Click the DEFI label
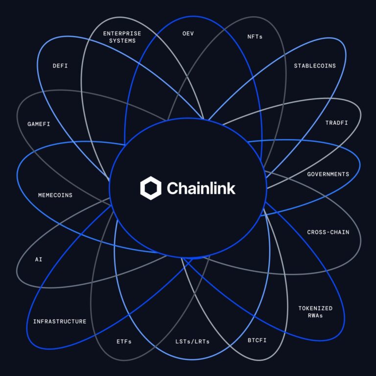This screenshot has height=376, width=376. click(60, 66)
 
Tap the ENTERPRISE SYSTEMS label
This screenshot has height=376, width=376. click(122, 37)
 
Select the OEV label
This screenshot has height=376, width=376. click(188, 34)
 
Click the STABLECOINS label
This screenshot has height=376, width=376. click(315, 66)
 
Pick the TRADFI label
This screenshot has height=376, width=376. click(337, 123)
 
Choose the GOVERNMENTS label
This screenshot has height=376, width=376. click(328, 174)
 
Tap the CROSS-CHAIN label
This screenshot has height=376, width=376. click(328, 232)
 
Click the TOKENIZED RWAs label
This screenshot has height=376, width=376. click(315, 312)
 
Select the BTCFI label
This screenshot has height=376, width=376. click(257, 340)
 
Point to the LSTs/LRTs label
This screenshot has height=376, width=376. click(192, 341)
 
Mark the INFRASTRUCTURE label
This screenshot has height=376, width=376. click(60, 322)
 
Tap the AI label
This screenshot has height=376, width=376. click(39, 259)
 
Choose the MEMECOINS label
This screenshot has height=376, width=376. click(55, 195)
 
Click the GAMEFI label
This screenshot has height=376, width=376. click(39, 124)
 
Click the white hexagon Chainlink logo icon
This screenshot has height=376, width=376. click(151, 188)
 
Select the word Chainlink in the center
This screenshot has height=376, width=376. click(201, 188)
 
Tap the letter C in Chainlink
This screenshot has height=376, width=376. click(173, 188)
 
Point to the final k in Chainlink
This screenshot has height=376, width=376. click(232, 188)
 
